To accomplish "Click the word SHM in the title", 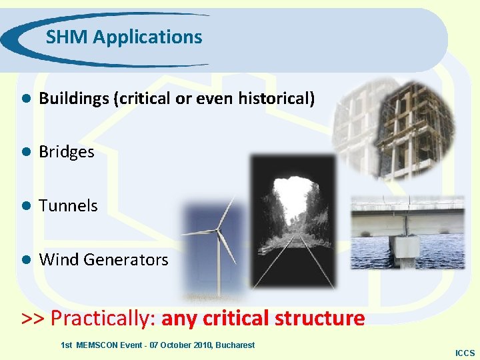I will (67, 37).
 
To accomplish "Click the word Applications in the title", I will (147, 38).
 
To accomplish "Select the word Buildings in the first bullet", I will (73, 99).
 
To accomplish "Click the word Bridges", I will (67, 152).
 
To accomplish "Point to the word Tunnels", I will (68, 206).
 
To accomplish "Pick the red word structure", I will (319, 318).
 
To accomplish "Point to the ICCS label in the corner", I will (465, 353).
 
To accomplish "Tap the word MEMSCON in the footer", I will (98, 345).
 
